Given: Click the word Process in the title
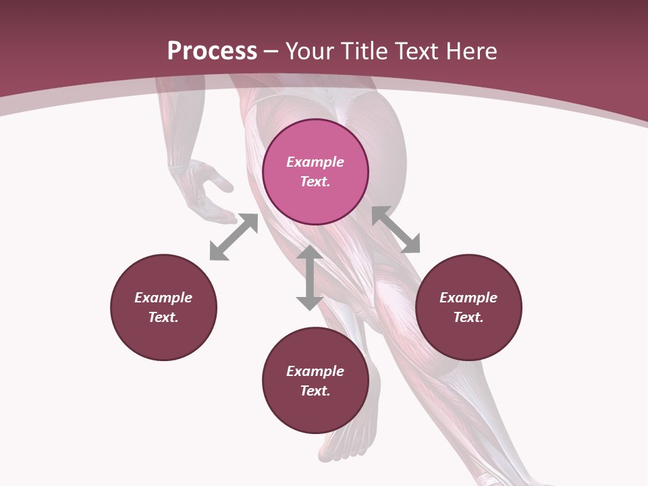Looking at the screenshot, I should coord(212,51).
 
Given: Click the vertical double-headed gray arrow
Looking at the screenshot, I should coord(309,277).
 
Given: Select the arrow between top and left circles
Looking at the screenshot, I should coord(234,237).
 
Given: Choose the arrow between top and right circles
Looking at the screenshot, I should coord(396,230).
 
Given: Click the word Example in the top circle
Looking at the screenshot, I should coord(315,162).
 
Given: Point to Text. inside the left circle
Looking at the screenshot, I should coord(163,317).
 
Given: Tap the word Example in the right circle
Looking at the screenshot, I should coord(468,298).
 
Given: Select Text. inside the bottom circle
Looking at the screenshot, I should coord(315,391).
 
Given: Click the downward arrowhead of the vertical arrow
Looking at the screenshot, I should coord(309,302).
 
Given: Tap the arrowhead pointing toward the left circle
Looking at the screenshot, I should coord(217,252).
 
